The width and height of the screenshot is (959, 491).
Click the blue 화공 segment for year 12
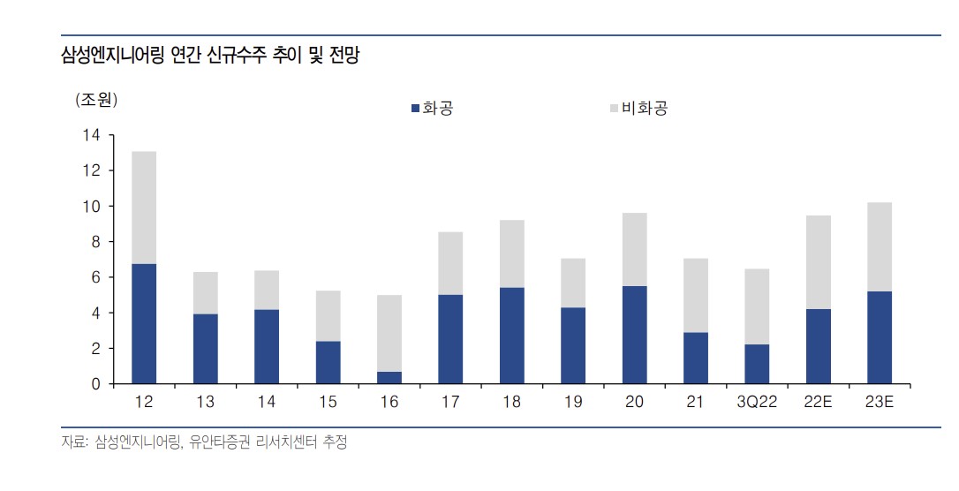click(x=144, y=323)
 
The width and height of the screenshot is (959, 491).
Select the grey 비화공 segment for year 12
click(x=144, y=208)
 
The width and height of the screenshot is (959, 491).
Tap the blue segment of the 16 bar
click(x=389, y=378)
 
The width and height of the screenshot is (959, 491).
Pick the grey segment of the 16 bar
click(x=389, y=333)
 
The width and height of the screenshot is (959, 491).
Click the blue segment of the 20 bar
click(x=634, y=335)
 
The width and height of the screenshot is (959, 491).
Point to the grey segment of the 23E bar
click(x=880, y=247)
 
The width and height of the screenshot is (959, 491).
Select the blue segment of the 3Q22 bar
click(x=757, y=364)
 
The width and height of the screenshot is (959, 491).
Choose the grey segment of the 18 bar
click(x=512, y=253)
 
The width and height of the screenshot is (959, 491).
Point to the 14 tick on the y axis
click(x=92, y=135)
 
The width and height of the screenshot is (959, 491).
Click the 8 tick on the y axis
click(x=96, y=242)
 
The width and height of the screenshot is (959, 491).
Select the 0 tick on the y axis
click(x=96, y=384)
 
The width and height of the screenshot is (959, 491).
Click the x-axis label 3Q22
click(x=757, y=403)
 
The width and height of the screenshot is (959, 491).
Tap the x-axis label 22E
click(x=819, y=403)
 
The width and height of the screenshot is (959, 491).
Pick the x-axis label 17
click(x=450, y=403)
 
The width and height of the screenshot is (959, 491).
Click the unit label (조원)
click(x=96, y=100)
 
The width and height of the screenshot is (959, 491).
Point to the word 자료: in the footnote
click(x=72, y=442)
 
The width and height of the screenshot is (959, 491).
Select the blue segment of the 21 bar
click(x=696, y=358)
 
